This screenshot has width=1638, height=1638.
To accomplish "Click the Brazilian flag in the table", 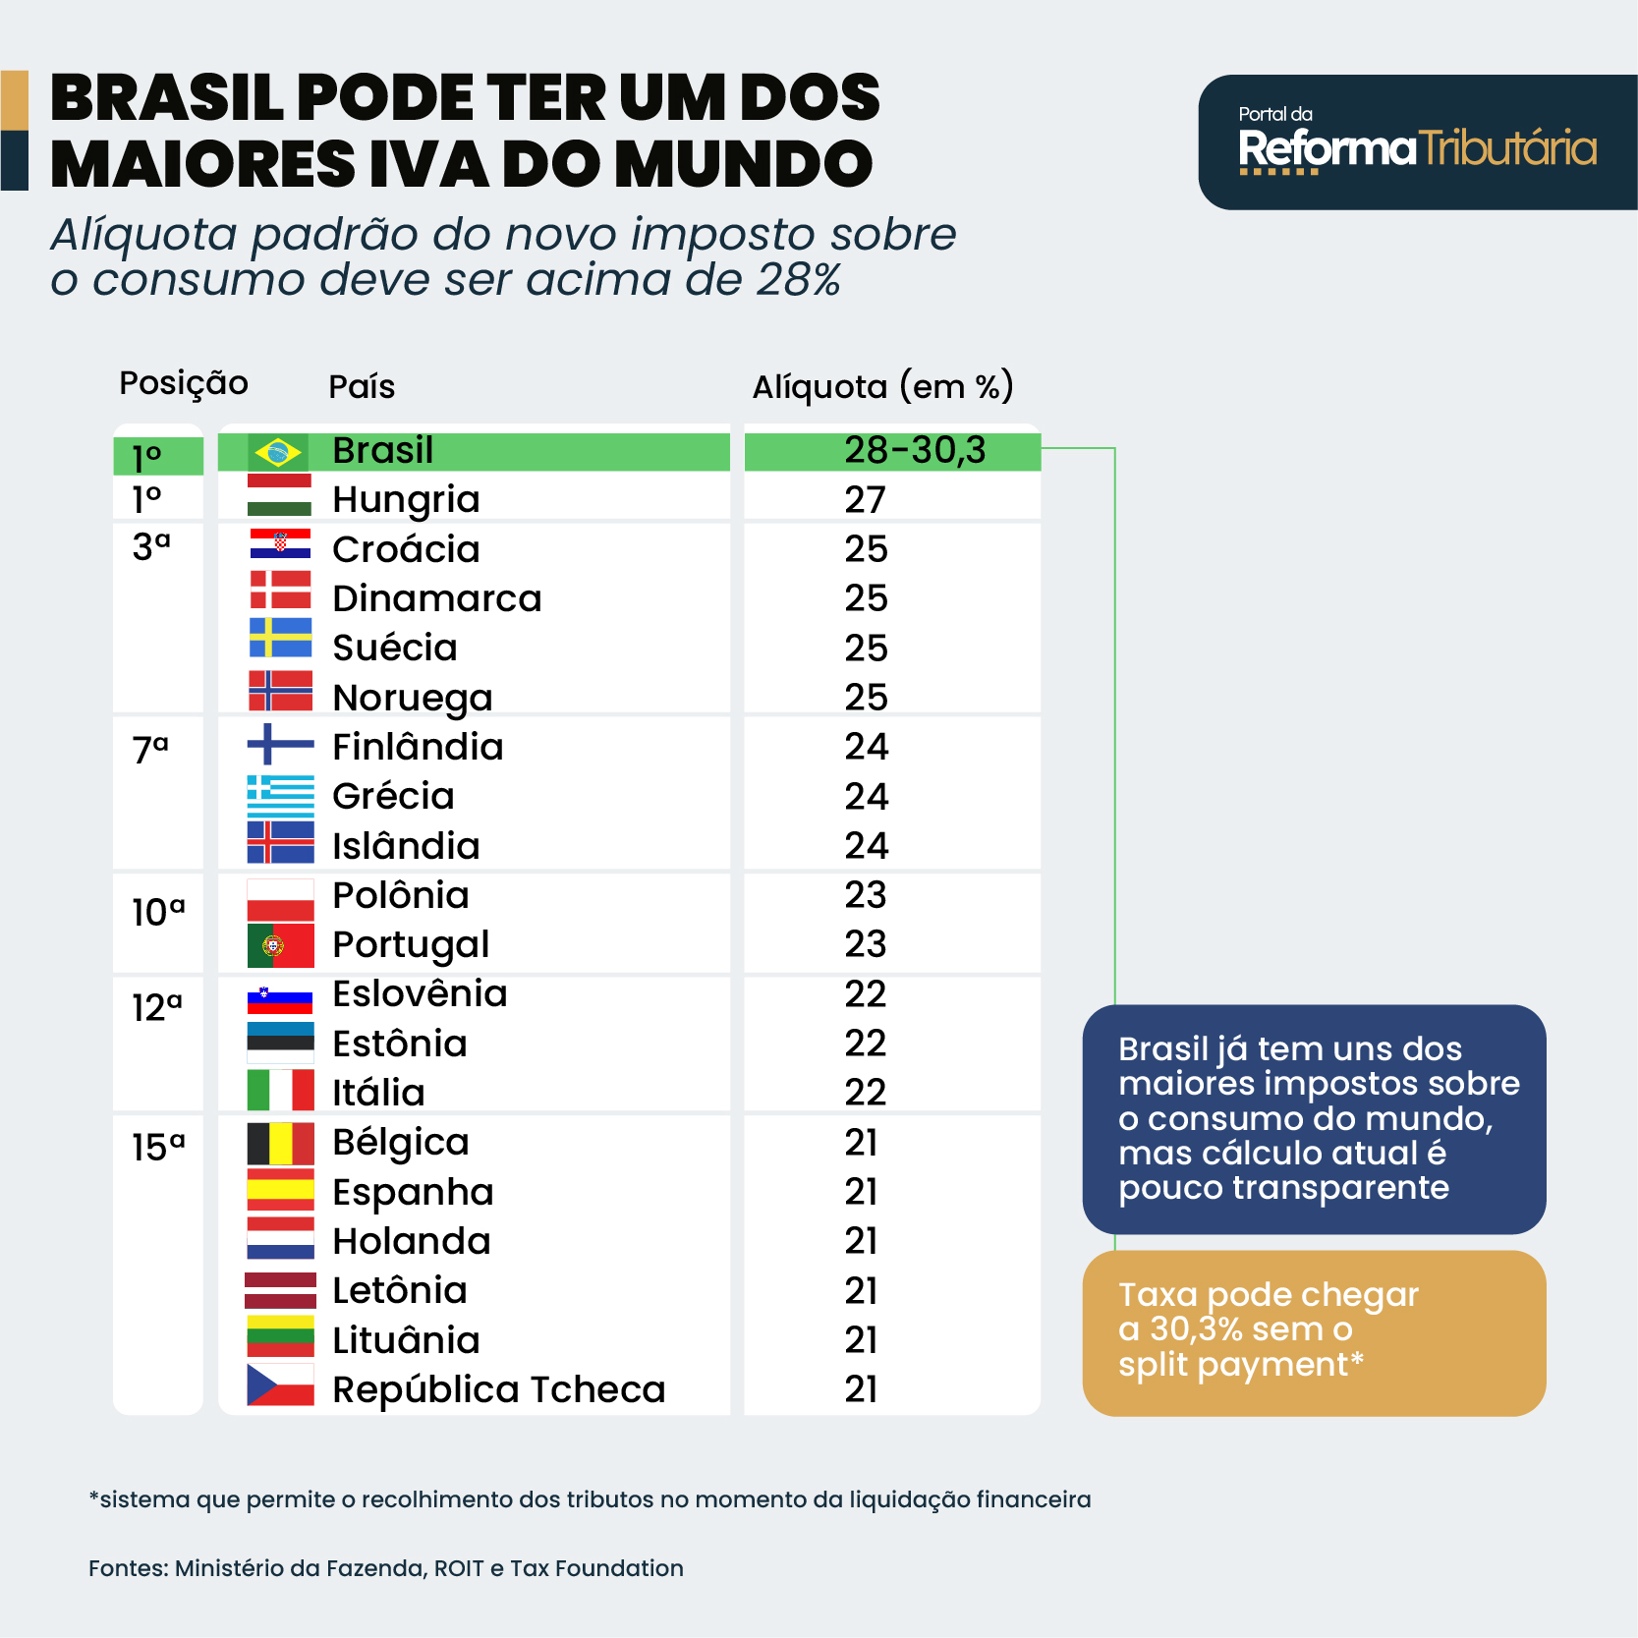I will click(278, 452).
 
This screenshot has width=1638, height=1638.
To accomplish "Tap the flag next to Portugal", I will click(280, 945).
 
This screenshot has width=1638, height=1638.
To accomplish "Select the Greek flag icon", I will click(280, 796).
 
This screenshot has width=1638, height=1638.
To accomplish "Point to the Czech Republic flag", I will click(280, 1384).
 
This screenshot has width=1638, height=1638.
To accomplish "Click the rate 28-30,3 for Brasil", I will click(914, 451).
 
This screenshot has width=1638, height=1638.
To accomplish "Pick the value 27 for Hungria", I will click(865, 500).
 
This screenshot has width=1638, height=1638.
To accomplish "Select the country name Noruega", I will click(412, 698).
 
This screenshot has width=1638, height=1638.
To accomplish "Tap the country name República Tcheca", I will click(498, 1389).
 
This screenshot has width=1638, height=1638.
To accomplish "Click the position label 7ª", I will click(150, 750).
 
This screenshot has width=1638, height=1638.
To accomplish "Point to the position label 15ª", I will click(158, 1147).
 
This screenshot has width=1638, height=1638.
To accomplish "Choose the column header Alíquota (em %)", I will click(882, 386).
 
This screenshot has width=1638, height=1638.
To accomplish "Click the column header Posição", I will click(184, 383).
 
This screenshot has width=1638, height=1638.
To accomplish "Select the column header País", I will click(362, 387).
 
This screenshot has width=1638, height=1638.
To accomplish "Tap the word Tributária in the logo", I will click(1507, 149).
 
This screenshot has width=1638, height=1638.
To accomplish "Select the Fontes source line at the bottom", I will click(385, 1568).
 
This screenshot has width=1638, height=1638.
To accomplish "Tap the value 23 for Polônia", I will click(865, 895).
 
